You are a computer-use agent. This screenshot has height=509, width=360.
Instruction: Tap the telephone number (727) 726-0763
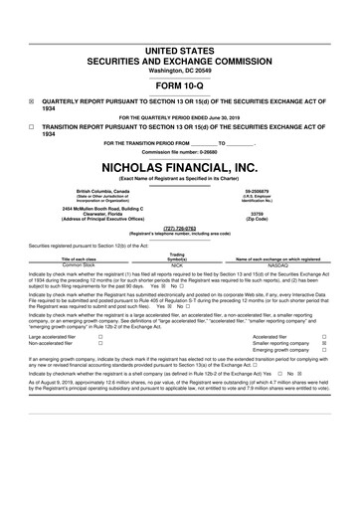pyautogui.click(x=180, y=229)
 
